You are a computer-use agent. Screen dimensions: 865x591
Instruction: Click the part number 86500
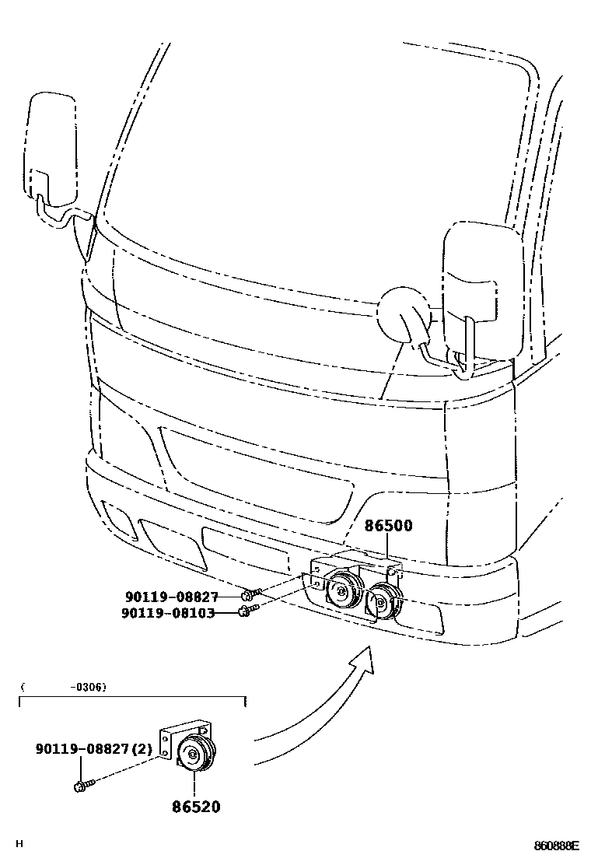pyautogui.click(x=389, y=527)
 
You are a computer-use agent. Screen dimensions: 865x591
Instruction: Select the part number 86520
pyautogui.click(x=196, y=807)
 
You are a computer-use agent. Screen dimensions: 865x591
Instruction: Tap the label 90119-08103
pyautogui.click(x=168, y=613)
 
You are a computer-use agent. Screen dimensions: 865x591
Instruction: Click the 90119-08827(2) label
pyautogui.click(x=94, y=749)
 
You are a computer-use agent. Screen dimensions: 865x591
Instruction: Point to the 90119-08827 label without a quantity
pyautogui.click(x=172, y=597)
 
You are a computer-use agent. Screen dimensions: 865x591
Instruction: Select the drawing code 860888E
pyautogui.click(x=556, y=846)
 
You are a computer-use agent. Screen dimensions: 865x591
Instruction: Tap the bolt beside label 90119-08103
pyautogui.click(x=243, y=612)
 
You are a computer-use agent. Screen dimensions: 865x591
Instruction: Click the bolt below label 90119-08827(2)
pyautogui.click(x=82, y=786)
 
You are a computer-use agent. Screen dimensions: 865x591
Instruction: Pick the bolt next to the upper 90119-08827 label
pyautogui.click(x=247, y=595)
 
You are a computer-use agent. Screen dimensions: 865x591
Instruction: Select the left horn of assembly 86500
pyautogui.click(x=343, y=592)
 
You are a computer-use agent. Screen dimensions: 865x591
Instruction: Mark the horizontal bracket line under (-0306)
pyautogui.click(x=132, y=699)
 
